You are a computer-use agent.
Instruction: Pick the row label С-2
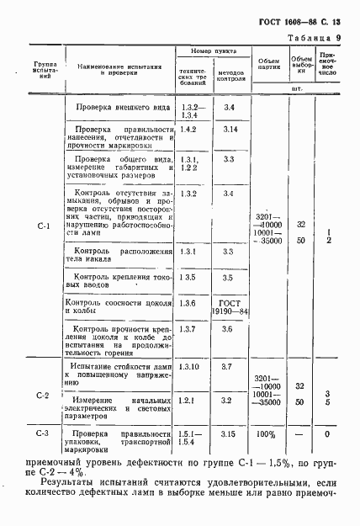click(45, 395)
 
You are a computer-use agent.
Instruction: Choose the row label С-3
click(45, 435)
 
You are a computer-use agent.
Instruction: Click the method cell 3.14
click(230, 130)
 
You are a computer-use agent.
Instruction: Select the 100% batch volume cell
click(266, 435)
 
